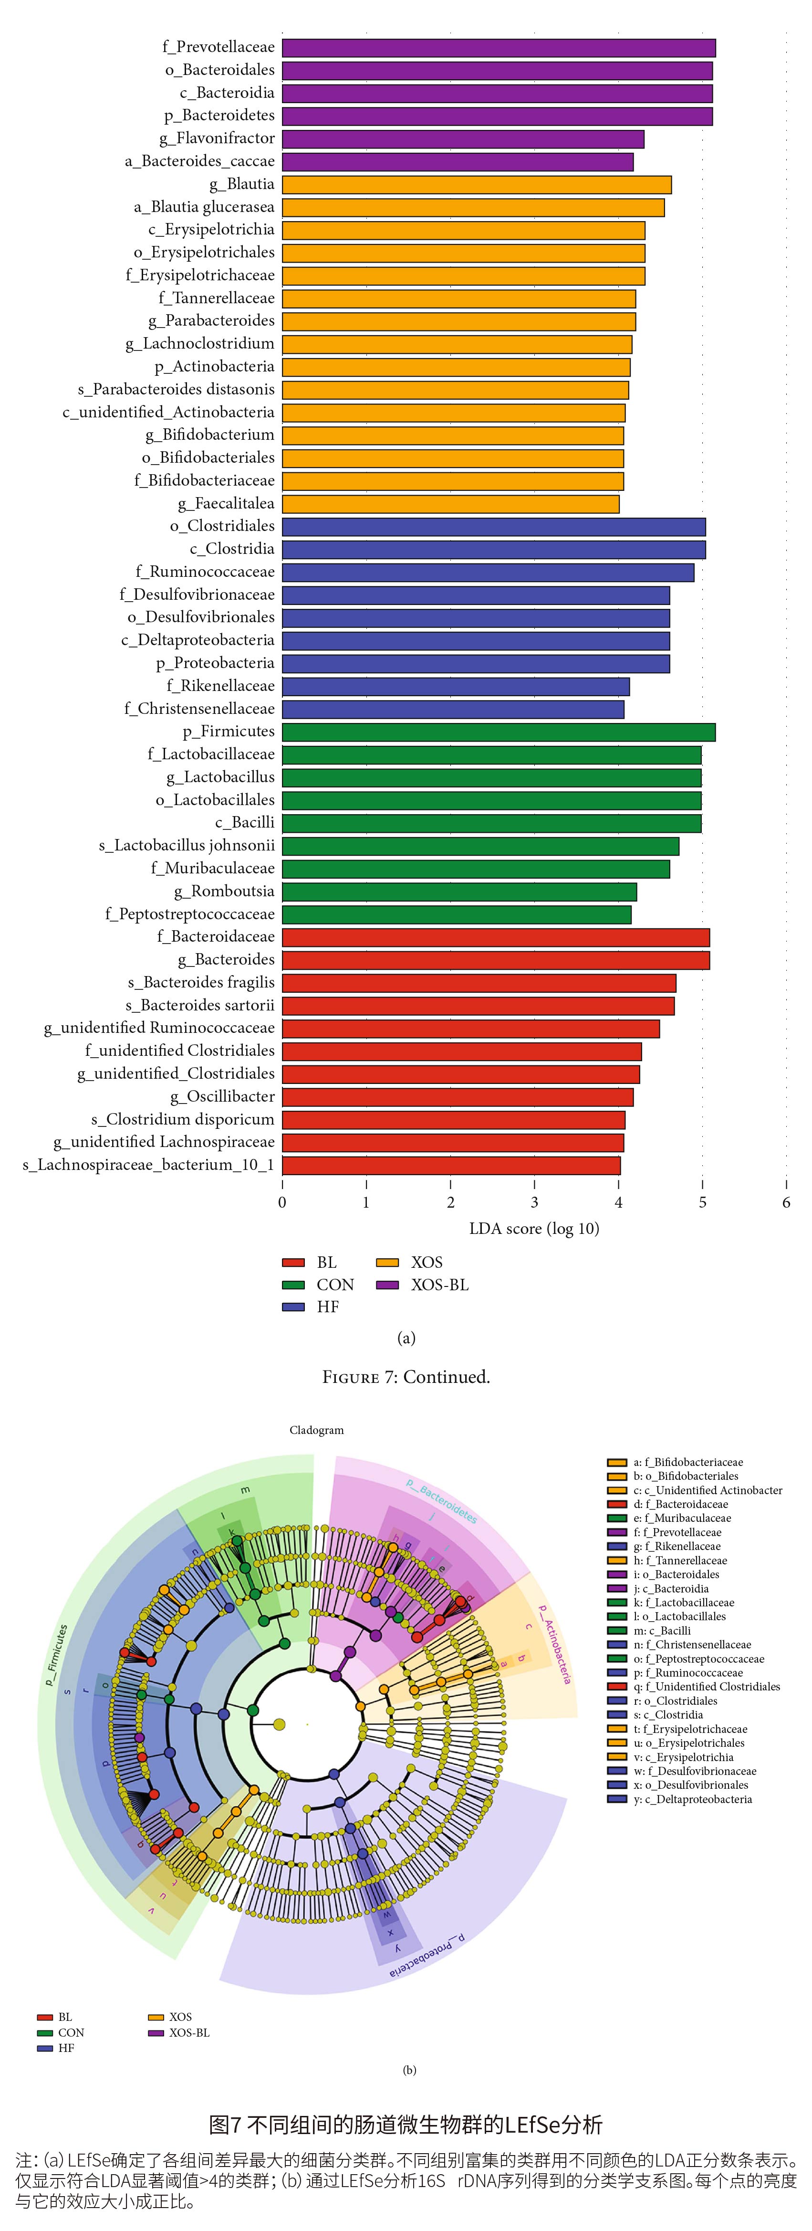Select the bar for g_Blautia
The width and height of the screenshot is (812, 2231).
476,184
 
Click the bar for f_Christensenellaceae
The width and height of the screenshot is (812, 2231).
453,709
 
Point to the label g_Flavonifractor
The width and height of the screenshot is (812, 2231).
217,138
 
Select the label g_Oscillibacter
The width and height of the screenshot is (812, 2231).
222,1096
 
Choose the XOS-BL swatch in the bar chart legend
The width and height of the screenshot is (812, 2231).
387,1285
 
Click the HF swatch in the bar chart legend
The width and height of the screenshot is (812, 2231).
293,1307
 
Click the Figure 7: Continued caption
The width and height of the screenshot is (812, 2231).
406,1377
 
